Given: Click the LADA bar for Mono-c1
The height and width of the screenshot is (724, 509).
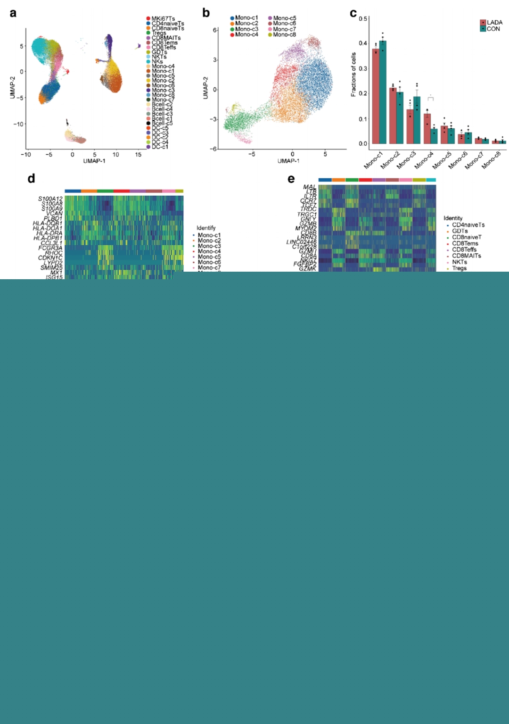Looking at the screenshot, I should (x=376, y=96).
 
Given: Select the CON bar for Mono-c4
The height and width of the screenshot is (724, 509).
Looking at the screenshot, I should (x=434, y=136).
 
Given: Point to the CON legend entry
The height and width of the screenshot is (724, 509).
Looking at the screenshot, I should (x=493, y=29).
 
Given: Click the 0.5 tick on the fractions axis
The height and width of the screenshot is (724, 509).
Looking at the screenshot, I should (x=363, y=19).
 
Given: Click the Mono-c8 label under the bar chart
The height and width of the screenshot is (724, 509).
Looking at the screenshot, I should (x=491, y=160).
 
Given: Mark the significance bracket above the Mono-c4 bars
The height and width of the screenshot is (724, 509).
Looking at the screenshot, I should (x=430, y=98).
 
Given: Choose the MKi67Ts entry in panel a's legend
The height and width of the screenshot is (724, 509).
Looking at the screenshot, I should (x=163, y=19).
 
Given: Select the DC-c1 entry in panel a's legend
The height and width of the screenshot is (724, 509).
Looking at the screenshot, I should (x=160, y=147).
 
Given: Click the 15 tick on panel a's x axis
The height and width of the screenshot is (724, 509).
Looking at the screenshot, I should (x=138, y=154).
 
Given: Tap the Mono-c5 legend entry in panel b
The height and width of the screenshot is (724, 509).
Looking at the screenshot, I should (x=285, y=18).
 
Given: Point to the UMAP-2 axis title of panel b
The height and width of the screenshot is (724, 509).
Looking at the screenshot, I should (x=205, y=88).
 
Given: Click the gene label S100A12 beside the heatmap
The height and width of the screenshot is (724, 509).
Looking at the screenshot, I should (x=50, y=199).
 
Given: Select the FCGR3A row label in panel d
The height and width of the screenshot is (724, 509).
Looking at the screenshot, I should (x=50, y=248).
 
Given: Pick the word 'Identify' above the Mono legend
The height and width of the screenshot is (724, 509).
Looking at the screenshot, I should (x=206, y=228).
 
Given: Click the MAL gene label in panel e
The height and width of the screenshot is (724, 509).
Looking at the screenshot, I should (x=310, y=187).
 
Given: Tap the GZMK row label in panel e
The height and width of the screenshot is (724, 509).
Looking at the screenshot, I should (x=308, y=269).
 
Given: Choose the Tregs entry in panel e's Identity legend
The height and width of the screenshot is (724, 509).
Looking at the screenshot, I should (x=459, y=268).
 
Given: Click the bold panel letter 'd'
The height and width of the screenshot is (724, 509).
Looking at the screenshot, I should (x=31, y=178).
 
